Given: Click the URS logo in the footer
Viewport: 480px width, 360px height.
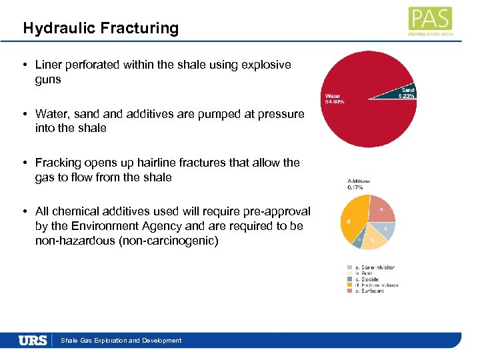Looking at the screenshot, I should point(33,340).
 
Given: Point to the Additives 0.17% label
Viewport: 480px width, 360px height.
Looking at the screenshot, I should point(359,184).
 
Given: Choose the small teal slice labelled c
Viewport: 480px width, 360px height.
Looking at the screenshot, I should point(359,241).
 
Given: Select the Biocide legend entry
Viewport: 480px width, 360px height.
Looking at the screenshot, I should point(366,279).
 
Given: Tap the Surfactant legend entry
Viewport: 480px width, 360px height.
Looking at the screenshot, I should point(369,291).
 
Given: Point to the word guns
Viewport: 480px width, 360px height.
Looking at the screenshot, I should point(47,79).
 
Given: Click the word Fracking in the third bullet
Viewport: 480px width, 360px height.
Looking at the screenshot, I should point(58,162).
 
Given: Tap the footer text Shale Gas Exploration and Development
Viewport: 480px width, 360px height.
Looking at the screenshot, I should point(121,340).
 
